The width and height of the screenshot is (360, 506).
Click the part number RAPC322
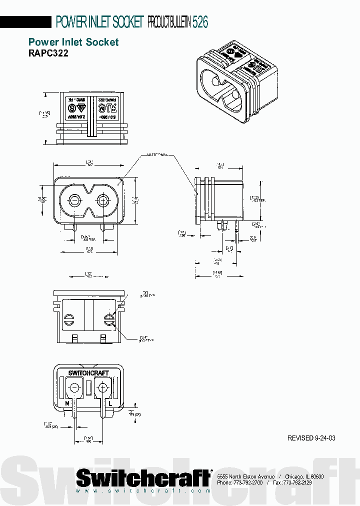pyautogui.click(x=48, y=53)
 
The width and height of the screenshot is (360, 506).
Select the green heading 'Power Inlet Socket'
pyautogui.click(x=73, y=42)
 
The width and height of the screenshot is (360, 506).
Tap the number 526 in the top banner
pyautogui.click(x=200, y=22)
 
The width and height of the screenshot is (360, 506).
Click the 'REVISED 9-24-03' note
pyautogui.click(x=311, y=438)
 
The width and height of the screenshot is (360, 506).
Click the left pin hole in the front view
pyautogui.click(x=74, y=200)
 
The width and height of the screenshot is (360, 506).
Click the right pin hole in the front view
pyautogui.click(x=103, y=200)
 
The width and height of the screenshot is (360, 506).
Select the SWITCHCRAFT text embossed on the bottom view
pyautogui.click(x=88, y=373)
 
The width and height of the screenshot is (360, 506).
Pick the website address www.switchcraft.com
pyautogui.click(x=143, y=491)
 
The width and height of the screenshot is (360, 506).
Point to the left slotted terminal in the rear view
pyautogui.click(x=69, y=318)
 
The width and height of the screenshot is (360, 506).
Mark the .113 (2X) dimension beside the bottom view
pyautogui.click(x=134, y=413)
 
